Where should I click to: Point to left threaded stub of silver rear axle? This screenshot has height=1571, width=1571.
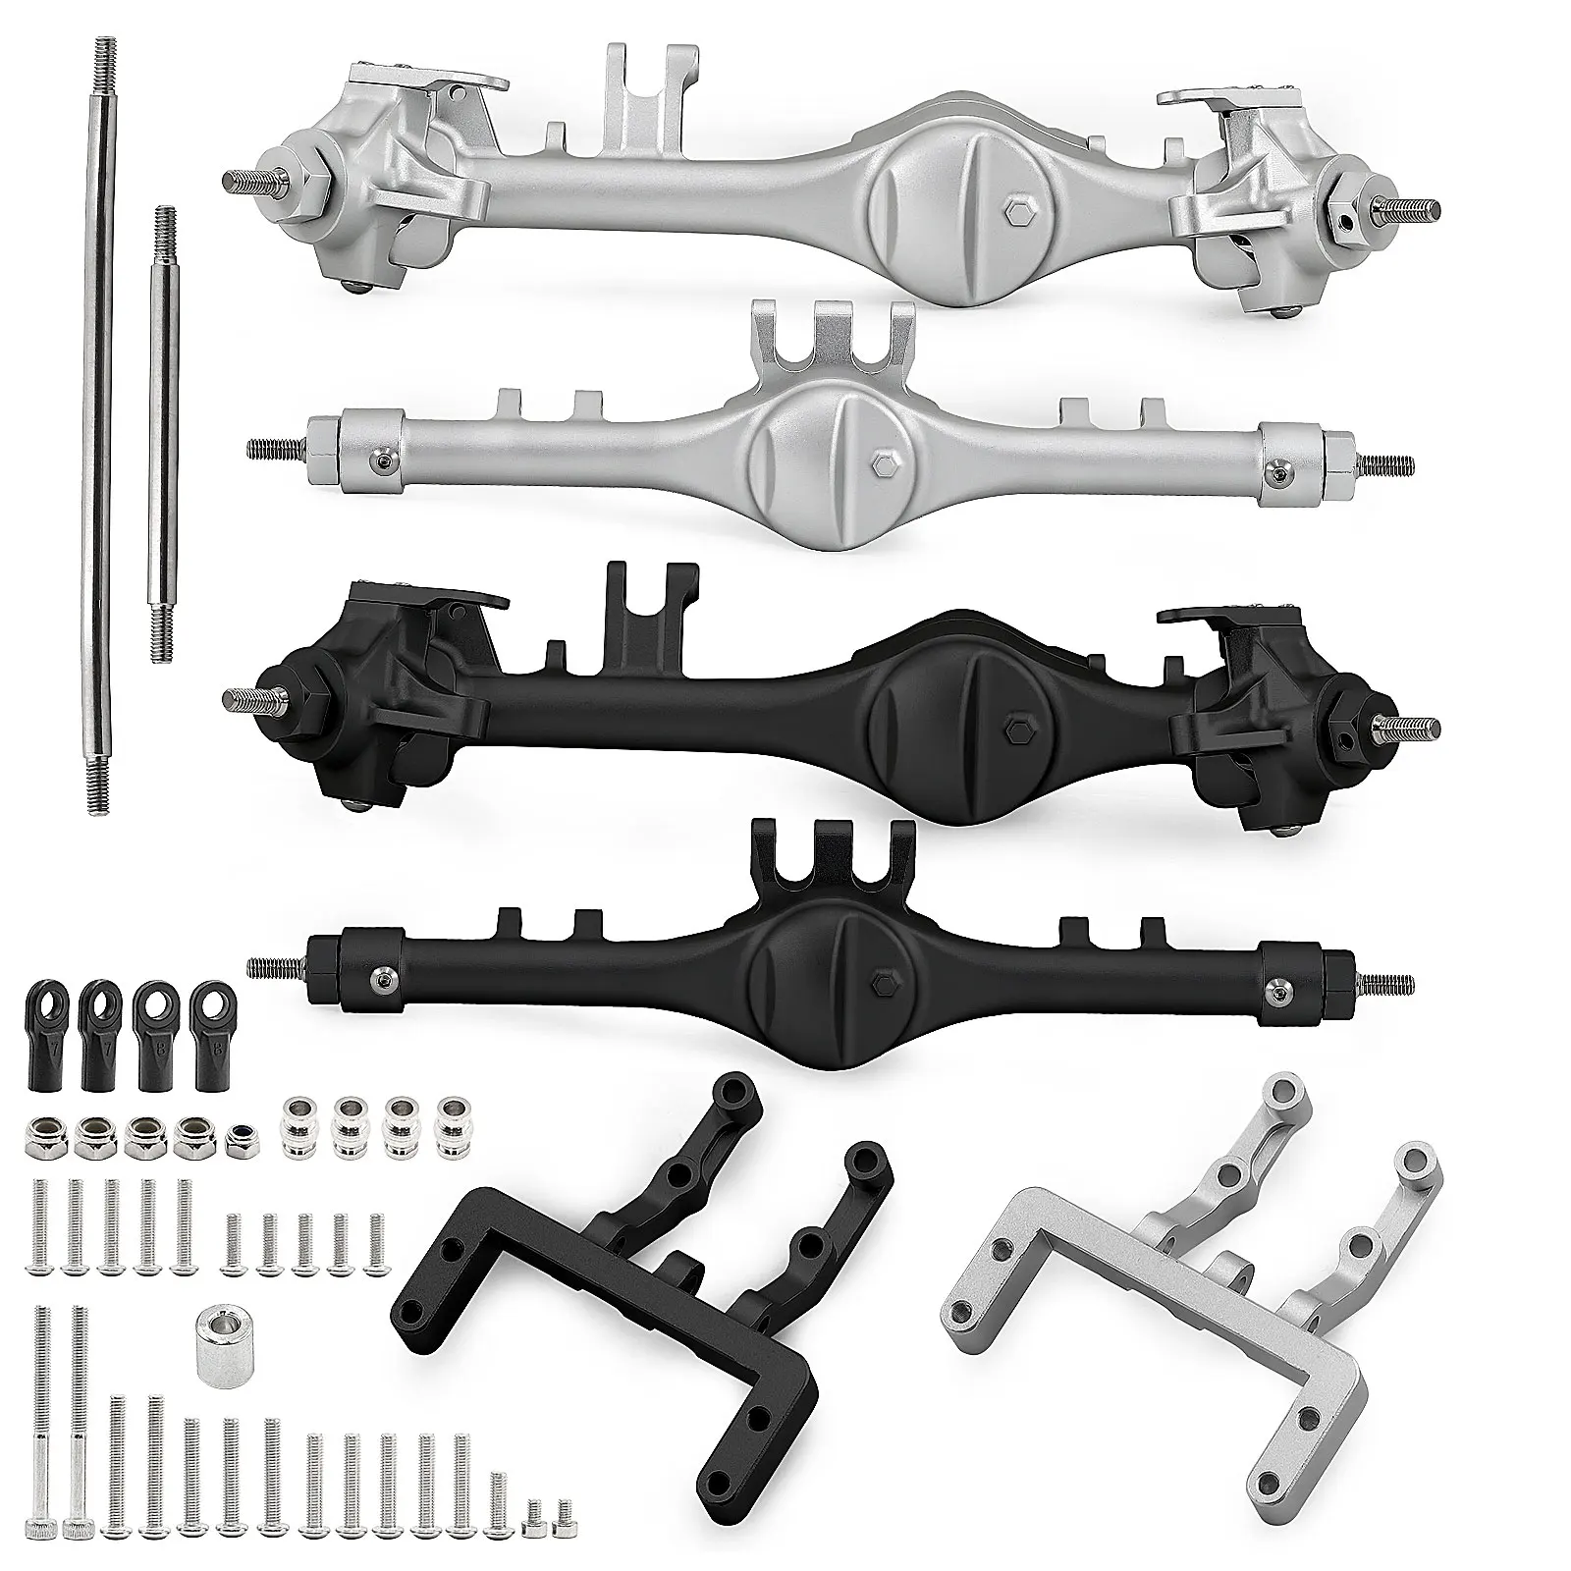[275, 449]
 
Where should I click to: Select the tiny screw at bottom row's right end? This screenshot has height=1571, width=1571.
[564, 1540]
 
